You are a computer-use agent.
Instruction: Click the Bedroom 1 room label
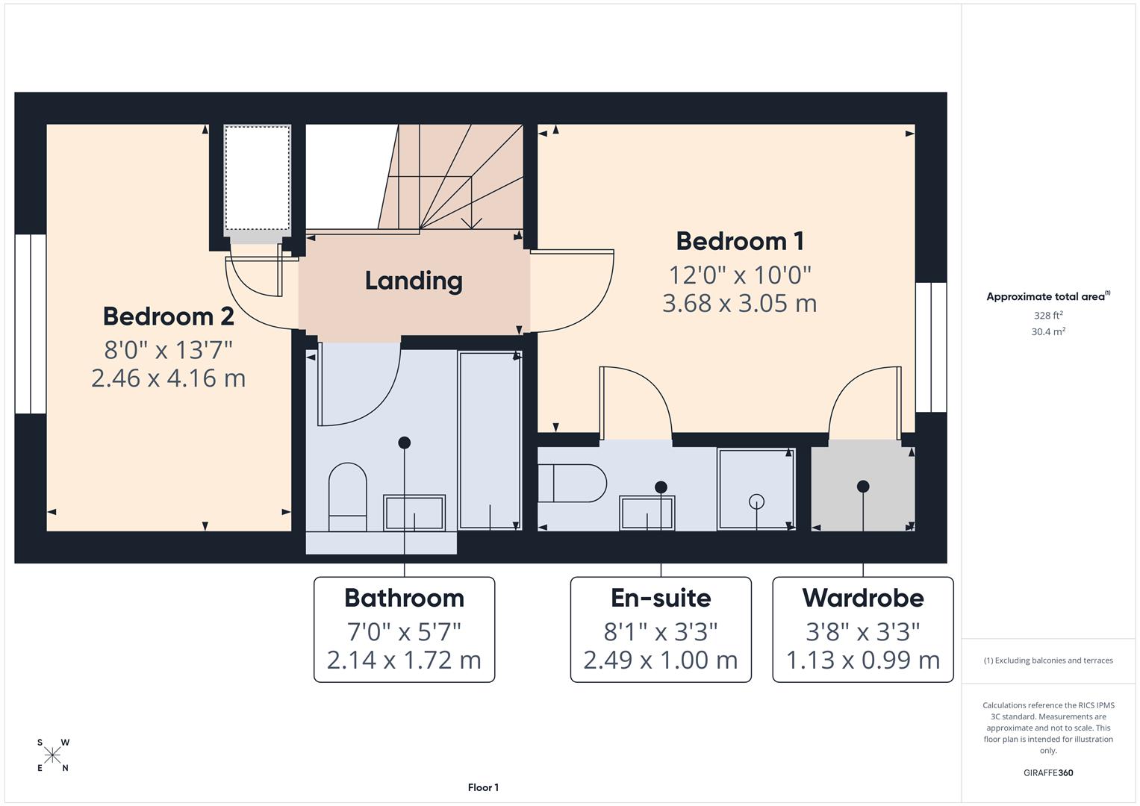[739, 241]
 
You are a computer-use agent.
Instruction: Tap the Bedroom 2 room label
[168, 316]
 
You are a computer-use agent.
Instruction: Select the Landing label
[414, 281]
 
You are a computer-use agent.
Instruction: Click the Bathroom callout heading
[404, 598]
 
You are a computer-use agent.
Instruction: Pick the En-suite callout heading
[661, 598]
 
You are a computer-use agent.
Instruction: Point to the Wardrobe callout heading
[863, 598]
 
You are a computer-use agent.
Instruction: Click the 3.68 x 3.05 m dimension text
[739, 303]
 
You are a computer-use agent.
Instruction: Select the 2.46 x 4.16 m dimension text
[168, 378]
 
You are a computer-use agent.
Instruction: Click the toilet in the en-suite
[572, 484]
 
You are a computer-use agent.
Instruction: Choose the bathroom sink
[414, 513]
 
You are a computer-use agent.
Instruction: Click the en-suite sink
[647, 513]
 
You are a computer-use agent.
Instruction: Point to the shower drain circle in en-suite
[757, 502]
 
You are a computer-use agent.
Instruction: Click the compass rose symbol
[52, 755]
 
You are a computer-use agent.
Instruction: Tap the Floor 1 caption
[483, 787]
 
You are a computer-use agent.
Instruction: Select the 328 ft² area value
[1047, 315]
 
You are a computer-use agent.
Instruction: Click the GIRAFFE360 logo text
[1047, 772]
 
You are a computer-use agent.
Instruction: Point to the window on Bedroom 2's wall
[31, 324]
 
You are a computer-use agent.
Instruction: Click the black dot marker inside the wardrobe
[863, 487]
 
